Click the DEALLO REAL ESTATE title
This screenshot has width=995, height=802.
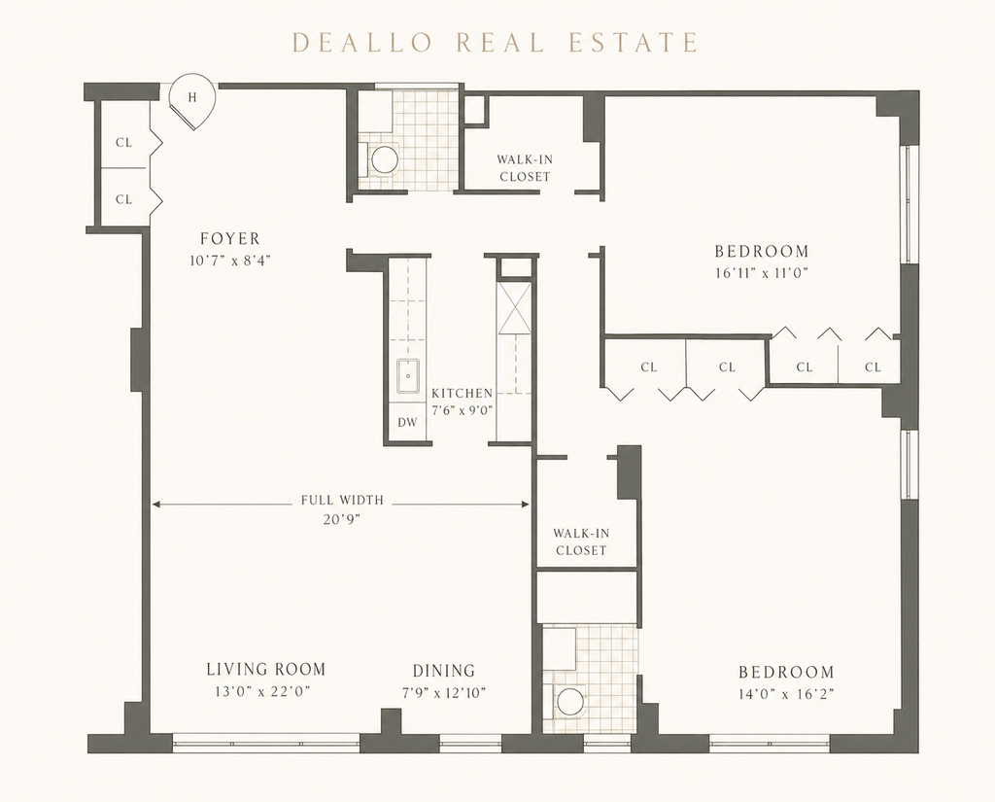[x=495, y=43]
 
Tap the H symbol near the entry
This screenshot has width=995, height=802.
[x=191, y=97]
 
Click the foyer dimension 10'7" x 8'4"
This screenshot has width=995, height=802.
[x=230, y=261]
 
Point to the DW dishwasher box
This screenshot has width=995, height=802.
[x=407, y=422]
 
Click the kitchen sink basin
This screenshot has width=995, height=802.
[x=408, y=377]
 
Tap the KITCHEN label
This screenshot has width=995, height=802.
[x=462, y=393]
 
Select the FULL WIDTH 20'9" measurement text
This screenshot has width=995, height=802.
[x=342, y=509]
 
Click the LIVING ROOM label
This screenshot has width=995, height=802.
[x=266, y=669]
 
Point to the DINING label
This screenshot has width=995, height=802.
[x=443, y=671]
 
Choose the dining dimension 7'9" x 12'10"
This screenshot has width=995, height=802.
[x=443, y=692]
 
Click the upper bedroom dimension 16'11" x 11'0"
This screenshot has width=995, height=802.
[x=762, y=273]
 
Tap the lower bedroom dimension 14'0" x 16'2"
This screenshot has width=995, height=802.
[x=786, y=694]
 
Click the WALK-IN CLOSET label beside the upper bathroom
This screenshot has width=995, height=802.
[x=525, y=168]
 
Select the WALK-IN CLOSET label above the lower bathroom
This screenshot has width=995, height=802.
[x=581, y=541]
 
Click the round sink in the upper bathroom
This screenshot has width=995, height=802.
[x=384, y=159]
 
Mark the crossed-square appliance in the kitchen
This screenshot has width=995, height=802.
[x=515, y=307]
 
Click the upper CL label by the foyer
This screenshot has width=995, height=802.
[x=123, y=142]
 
